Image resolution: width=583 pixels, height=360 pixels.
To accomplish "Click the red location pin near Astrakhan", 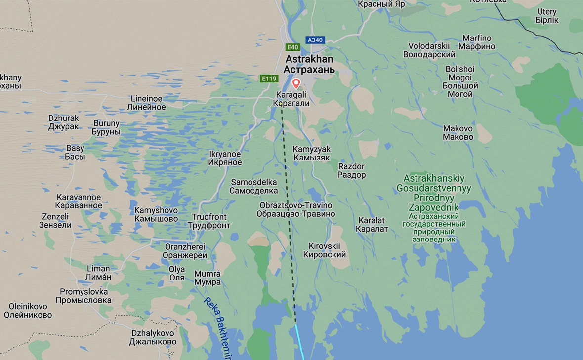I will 296,83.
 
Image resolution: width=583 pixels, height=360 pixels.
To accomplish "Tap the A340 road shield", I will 315,40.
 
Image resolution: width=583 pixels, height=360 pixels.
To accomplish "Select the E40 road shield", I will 292,47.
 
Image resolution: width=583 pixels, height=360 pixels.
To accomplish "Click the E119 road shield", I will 270,79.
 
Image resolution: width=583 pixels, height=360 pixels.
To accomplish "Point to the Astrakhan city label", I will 309,64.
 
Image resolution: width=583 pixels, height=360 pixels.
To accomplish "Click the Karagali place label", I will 291,99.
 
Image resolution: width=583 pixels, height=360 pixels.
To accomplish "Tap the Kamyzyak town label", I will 311,153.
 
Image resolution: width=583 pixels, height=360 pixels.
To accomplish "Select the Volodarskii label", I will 429,50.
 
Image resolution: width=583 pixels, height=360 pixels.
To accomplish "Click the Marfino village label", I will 477,42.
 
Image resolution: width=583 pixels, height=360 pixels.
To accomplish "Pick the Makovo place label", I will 458,133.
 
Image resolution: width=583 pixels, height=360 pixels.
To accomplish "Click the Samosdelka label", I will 254,186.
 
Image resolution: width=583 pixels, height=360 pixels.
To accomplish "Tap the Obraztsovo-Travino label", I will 296,209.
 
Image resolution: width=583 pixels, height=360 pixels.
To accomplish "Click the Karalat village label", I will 372,224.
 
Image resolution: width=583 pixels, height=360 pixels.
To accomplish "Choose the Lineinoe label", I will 146,103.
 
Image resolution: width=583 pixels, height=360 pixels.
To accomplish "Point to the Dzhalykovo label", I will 153,337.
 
